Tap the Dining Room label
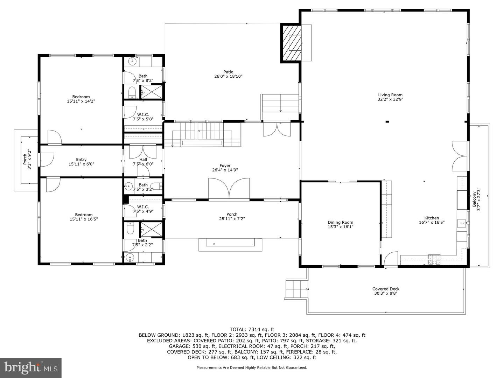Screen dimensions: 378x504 [340, 222]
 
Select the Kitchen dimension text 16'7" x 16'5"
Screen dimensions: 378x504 [432, 222]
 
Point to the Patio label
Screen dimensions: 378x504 [229, 72]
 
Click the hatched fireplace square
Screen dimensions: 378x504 [291, 43]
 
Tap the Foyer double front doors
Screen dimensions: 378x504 [229, 189]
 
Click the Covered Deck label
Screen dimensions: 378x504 [386, 289]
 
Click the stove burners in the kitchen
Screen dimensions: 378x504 [434, 259]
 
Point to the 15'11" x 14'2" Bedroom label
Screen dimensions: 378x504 [81, 97]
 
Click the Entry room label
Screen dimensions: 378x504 [81, 160]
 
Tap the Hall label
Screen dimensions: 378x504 [143, 160]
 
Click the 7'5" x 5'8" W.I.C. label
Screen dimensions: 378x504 [143, 114]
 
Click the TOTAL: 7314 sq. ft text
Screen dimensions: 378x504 [252, 329]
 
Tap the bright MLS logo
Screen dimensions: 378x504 [31, 367]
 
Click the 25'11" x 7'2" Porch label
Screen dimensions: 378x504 [232, 214]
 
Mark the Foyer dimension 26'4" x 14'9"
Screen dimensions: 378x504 [225, 170]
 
